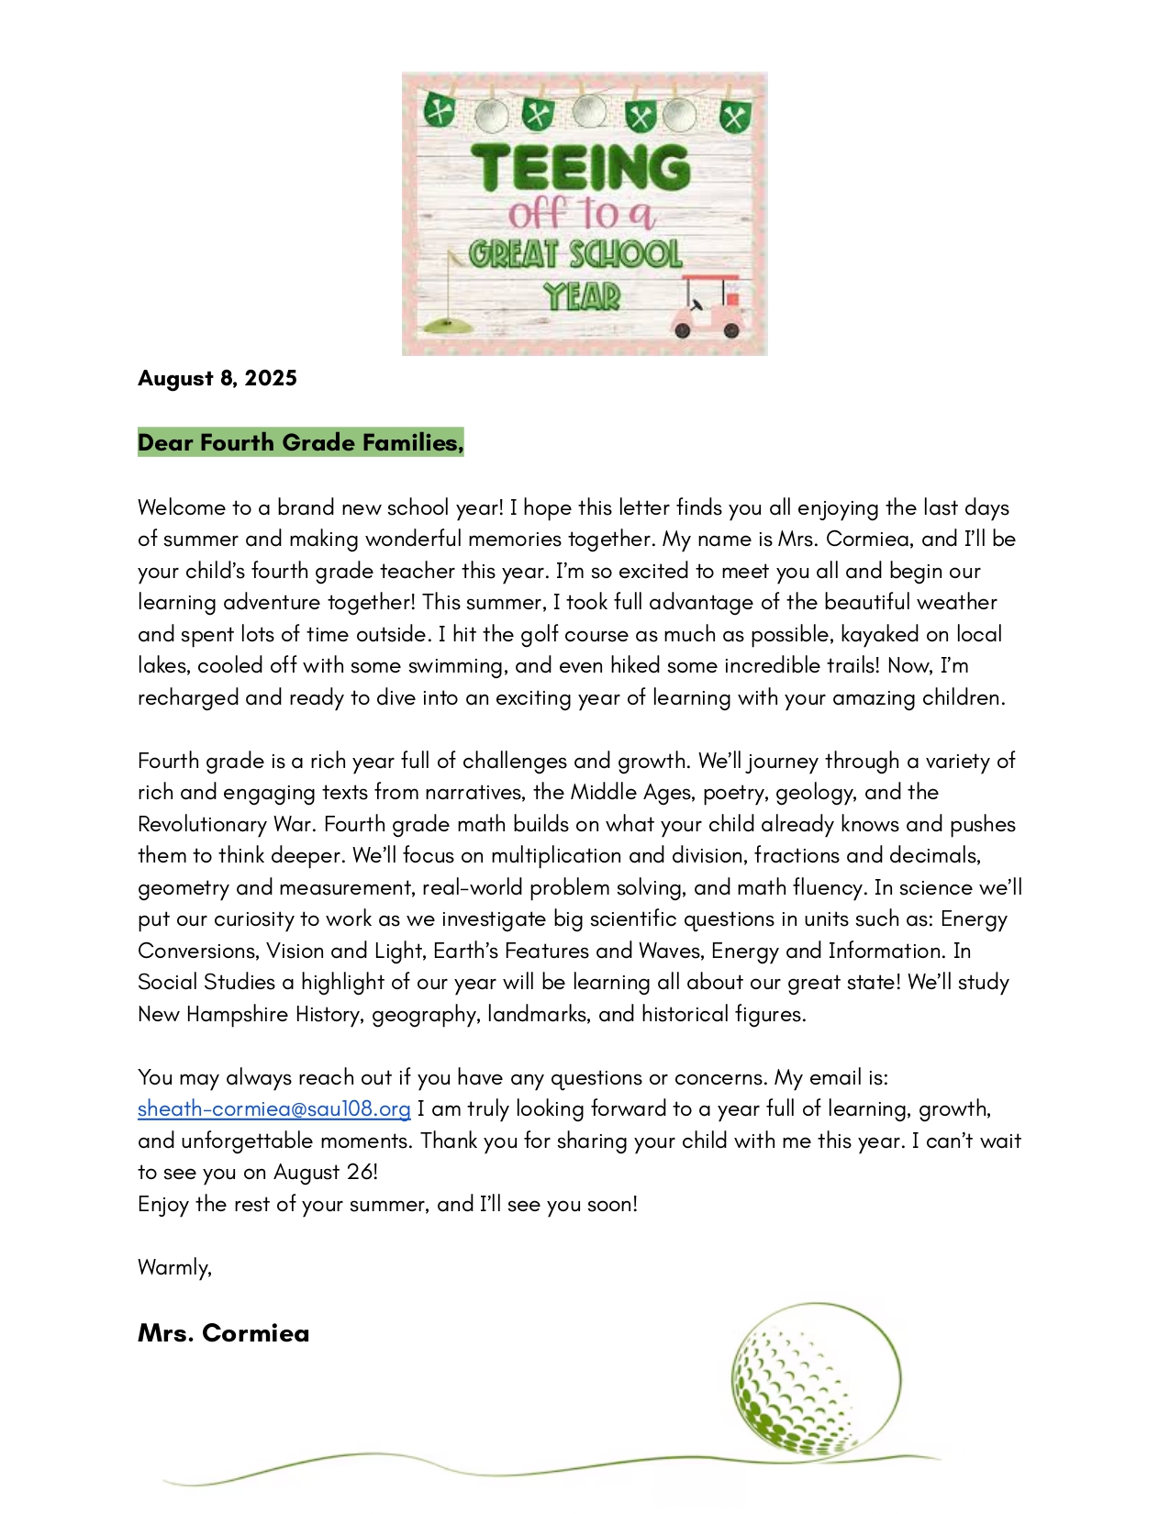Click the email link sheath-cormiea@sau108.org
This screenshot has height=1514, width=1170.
(x=273, y=1108)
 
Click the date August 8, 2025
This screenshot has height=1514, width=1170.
(x=217, y=378)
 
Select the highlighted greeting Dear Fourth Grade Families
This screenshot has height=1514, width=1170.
(x=300, y=442)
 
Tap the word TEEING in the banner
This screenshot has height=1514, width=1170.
(x=581, y=168)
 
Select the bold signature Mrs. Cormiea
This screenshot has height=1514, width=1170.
(x=223, y=1333)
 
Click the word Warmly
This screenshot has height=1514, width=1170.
(x=174, y=1267)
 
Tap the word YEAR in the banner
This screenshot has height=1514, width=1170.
(x=582, y=296)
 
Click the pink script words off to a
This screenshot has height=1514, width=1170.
(x=581, y=214)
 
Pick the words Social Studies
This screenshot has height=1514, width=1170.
(x=206, y=982)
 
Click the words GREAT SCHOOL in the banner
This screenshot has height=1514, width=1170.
(x=575, y=254)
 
